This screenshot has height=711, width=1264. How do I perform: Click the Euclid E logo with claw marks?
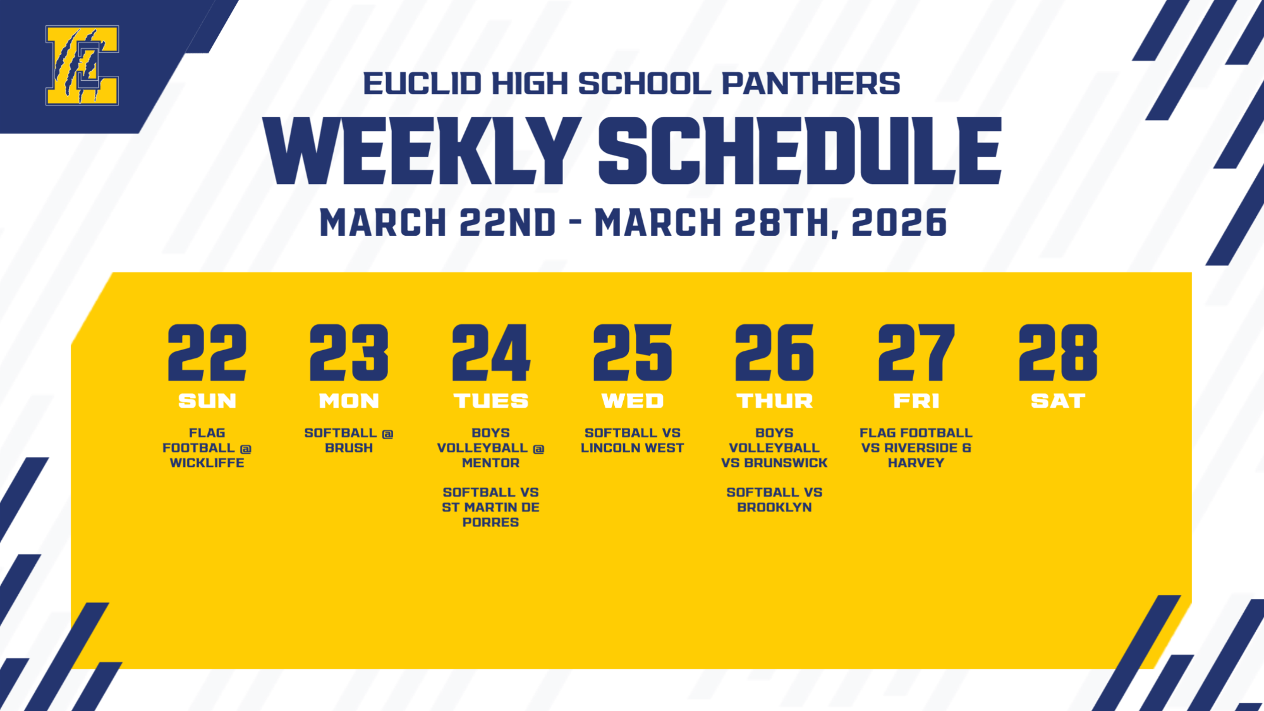click(82, 65)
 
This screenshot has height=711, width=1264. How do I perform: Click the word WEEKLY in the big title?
click(422, 152)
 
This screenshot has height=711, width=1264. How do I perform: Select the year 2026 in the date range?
click(899, 223)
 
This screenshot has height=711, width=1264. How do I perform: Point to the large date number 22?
click(207, 353)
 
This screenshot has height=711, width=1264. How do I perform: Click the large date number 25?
click(632, 353)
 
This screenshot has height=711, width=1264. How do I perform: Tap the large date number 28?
click(1058, 353)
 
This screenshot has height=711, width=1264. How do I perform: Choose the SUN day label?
click(207, 401)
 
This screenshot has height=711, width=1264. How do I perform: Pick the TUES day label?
click(490, 401)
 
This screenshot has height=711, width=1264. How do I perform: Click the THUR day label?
click(774, 401)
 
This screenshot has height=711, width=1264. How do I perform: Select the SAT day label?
click(1058, 401)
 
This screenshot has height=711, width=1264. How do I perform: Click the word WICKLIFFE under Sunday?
click(207, 463)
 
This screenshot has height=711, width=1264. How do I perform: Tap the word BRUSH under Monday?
click(349, 448)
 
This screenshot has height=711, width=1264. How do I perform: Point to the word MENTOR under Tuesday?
click(490, 463)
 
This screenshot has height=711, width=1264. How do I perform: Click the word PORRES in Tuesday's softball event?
click(490, 523)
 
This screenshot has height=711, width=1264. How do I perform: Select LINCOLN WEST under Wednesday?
click(632, 448)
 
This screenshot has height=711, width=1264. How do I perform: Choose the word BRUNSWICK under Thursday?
click(786, 463)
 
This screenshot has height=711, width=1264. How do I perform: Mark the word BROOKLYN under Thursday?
click(774, 507)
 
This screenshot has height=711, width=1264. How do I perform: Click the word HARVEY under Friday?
click(916, 463)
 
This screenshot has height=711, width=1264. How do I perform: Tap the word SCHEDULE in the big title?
click(799, 152)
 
